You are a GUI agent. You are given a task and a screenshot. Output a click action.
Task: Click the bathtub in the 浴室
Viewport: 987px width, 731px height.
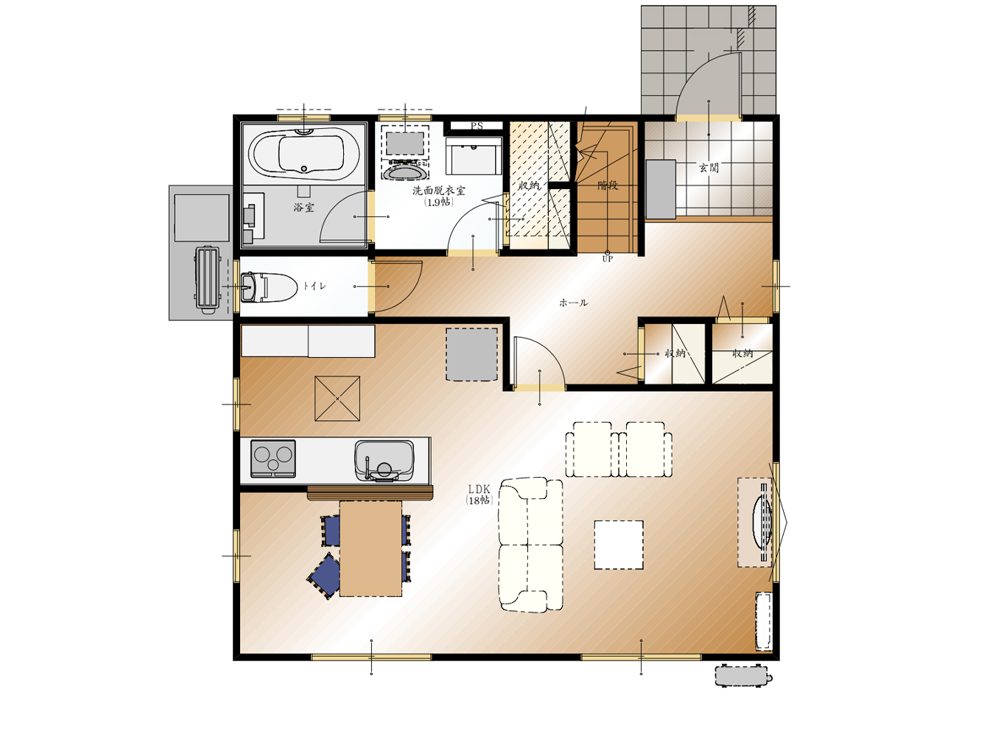pos(303,154)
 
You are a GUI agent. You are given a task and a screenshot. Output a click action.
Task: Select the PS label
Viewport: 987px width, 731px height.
pos(477,126)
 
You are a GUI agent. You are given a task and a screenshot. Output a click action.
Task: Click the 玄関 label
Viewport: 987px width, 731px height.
pos(709,168)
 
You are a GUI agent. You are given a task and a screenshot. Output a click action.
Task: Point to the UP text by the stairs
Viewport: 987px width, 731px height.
pos(608,259)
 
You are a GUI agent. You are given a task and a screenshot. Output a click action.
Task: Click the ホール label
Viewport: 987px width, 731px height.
pos(573,303)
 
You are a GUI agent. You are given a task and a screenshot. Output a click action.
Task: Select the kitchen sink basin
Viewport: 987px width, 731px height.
pos(384,461)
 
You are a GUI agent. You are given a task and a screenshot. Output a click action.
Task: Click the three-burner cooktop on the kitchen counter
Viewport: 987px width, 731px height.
pos(273,459)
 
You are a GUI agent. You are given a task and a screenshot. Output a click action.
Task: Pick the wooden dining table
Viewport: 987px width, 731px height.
pos(370,548)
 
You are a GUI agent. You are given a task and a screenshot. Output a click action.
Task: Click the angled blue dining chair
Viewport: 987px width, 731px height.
pos(324,576)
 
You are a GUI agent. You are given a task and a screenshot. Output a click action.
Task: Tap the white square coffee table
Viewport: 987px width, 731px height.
pos(619,545)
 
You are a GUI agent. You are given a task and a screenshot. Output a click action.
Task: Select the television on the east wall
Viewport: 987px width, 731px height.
pos(762,522)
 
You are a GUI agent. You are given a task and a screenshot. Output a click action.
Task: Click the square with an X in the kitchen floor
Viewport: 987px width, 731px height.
pos(337,398)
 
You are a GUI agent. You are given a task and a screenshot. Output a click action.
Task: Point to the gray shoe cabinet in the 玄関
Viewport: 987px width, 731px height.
pos(661,189)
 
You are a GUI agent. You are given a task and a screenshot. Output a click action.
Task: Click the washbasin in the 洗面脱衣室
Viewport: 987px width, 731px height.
pos(405,172)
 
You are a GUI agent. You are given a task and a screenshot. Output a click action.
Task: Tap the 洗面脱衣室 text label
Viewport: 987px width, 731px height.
pos(439,191)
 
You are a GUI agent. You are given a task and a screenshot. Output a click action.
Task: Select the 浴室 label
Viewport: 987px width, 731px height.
pos(303,208)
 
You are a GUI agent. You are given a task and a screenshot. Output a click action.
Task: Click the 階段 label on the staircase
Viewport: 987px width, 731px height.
pos(608,186)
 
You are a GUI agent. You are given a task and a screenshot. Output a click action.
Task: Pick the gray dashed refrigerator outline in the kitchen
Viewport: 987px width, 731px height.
pos(471,355)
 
